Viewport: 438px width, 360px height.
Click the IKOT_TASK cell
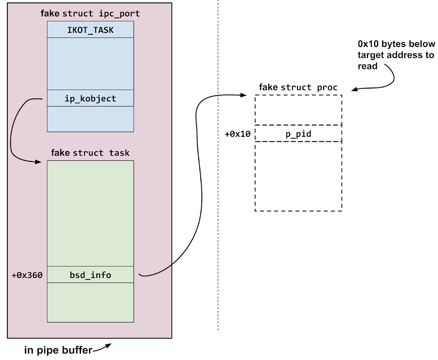pos(90,30)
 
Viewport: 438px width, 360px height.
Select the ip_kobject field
pos(90,98)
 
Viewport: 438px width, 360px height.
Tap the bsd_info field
pos(90,275)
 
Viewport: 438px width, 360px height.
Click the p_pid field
pos(298,133)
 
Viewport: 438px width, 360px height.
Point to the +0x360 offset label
pos(27,275)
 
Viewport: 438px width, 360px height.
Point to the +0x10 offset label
pos(237,134)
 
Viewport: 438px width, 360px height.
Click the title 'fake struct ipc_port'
pos(90,14)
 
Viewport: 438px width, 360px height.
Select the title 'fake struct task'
pos(90,152)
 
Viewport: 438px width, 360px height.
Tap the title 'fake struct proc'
pos(298,88)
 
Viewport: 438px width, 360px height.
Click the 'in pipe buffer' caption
pos(58,351)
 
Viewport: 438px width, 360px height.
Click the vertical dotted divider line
pos(218,219)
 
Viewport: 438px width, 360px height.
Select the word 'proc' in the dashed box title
pos(327,88)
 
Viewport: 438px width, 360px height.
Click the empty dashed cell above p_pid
pos(298,110)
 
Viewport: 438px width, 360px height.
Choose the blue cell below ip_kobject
pos(90,119)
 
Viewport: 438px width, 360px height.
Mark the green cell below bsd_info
pos(90,302)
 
